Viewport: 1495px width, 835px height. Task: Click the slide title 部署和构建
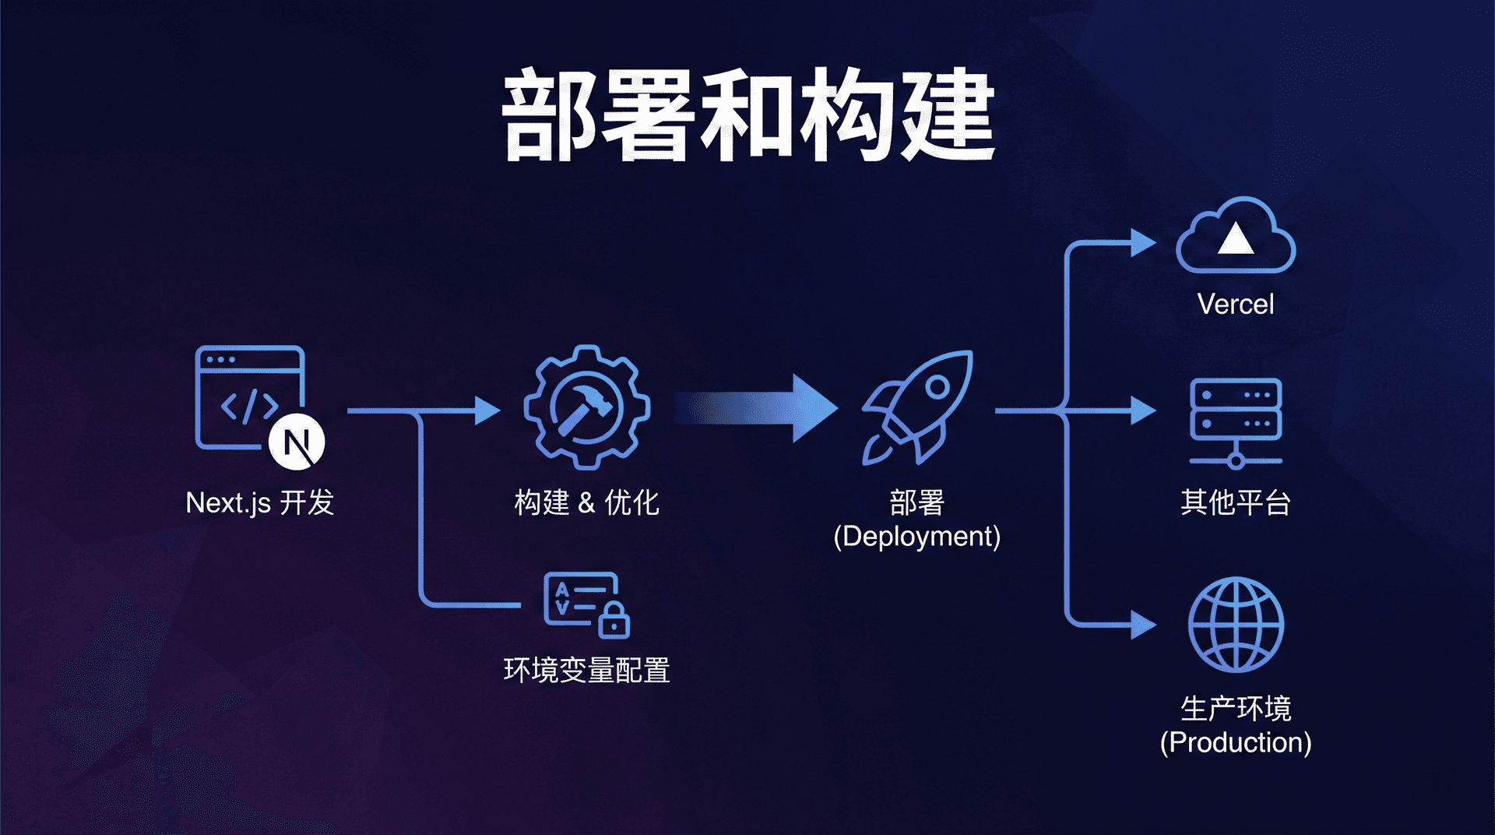(747, 115)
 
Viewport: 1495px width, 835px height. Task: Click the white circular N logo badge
(297, 442)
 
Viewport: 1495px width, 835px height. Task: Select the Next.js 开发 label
(259, 503)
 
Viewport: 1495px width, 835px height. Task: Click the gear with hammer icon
(586, 407)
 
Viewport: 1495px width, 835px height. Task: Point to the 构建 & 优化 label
(586, 503)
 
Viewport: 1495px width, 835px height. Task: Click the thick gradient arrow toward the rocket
(755, 408)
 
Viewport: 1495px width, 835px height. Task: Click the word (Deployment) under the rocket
(916, 537)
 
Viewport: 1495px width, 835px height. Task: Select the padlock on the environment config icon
(614, 621)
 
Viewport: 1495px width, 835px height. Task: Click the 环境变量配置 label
(586, 671)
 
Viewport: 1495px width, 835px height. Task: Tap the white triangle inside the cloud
(1236, 240)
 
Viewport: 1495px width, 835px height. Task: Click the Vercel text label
(1236, 304)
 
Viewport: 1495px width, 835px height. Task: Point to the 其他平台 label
(1236, 503)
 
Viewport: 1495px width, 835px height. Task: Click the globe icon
(1236, 625)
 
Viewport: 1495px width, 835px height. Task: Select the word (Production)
(1236, 742)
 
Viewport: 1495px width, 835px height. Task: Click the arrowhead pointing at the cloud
(1142, 242)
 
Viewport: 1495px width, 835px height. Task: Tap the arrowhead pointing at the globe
(1142, 625)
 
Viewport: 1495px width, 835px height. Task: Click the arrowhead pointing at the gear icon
(487, 410)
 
